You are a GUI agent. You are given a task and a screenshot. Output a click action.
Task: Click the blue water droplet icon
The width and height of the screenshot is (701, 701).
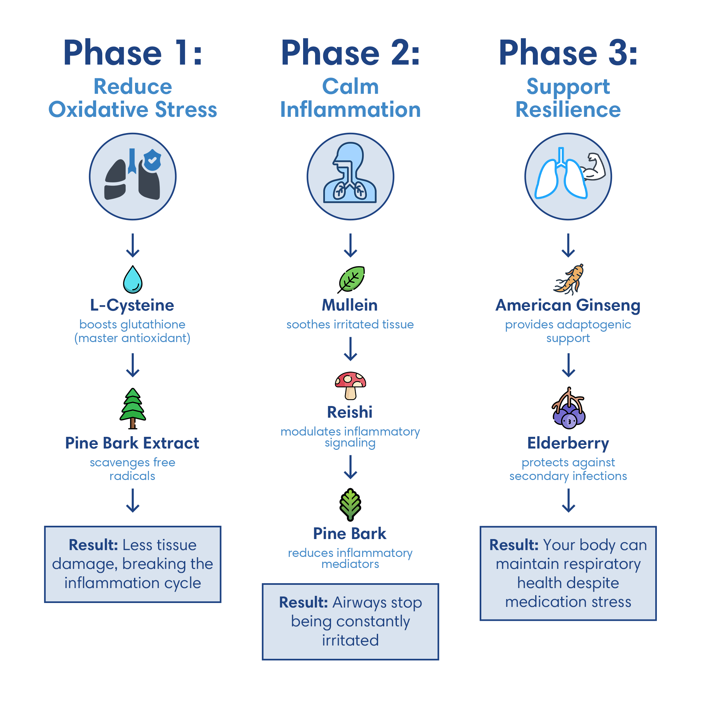point(133,280)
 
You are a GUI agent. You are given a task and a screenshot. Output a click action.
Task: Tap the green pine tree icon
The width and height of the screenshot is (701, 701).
point(133,408)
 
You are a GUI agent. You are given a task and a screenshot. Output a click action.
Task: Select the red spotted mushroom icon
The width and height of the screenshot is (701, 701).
point(350,385)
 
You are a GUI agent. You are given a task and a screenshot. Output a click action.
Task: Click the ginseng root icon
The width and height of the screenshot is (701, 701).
point(569,279)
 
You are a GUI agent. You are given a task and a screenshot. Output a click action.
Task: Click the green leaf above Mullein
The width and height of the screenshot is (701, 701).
point(351,279)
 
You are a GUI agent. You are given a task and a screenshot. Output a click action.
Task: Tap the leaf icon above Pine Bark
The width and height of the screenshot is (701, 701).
point(350,505)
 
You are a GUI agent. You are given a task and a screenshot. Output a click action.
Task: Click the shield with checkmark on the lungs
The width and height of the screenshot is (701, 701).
point(153,160)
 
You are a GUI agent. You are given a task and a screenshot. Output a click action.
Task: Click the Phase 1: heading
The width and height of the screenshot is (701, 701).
point(133,54)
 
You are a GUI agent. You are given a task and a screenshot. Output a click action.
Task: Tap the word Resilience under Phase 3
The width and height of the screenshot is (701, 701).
point(568,110)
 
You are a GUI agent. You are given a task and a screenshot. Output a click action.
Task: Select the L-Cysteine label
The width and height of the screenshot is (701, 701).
point(132,305)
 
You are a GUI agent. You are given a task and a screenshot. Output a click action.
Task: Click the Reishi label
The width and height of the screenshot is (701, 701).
point(350,412)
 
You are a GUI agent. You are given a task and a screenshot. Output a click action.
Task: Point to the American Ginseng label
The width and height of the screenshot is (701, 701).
point(568,305)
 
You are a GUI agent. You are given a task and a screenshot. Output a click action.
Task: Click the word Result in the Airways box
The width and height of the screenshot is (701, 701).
point(303,602)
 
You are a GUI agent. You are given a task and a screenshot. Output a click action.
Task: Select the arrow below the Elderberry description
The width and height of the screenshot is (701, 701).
point(569,500)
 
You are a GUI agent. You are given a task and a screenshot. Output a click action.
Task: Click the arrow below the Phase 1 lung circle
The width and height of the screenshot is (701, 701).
point(133,245)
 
